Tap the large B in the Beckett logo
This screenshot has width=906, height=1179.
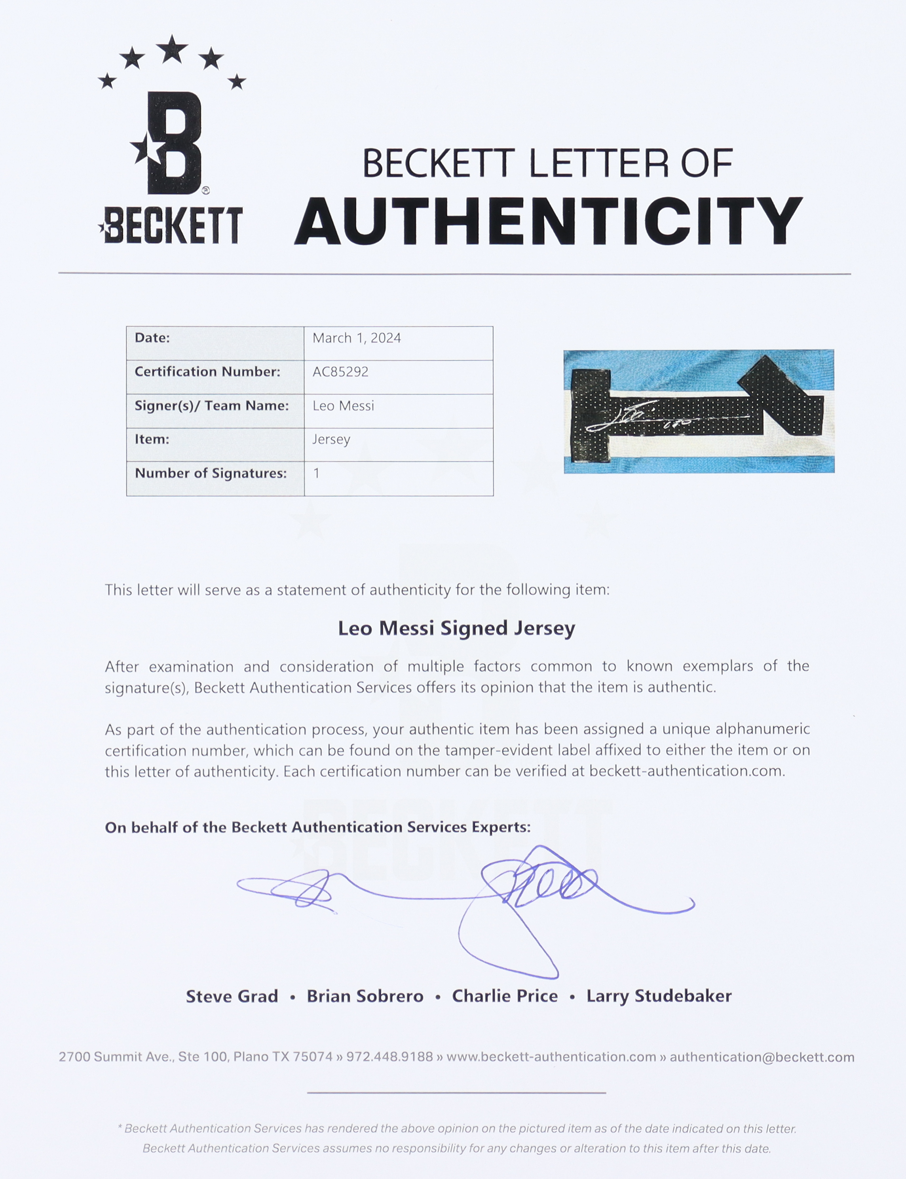[174, 143]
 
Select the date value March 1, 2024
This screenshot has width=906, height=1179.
[357, 338]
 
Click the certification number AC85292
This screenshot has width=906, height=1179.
[340, 372]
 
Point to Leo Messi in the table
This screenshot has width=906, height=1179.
[343, 406]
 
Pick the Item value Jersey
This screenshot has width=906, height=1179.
[331, 440]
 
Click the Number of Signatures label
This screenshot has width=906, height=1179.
[210, 473]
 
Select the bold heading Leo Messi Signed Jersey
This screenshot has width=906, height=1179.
[456, 628]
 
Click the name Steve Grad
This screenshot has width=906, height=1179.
[232, 996]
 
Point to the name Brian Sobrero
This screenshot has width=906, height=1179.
[365, 996]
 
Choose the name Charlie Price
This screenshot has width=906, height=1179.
[505, 996]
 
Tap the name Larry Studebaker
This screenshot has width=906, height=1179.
[659, 996]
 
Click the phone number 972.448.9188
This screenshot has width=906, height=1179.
[389, 1057]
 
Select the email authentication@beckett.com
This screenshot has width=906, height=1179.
[762, 1057]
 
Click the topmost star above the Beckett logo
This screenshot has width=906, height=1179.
[172, 49]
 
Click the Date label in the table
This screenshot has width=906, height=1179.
[152, 338]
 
